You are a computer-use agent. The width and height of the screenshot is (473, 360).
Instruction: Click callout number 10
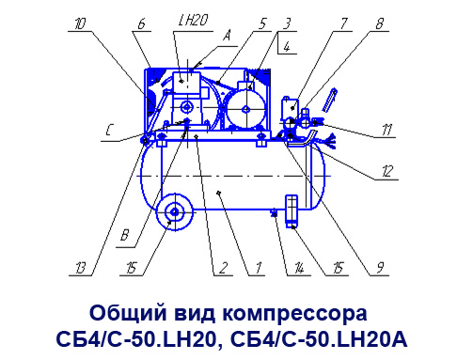pos(80,23)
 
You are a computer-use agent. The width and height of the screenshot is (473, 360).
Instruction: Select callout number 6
pos(142,23)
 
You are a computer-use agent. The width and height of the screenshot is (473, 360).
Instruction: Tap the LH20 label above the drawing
pos(193,21)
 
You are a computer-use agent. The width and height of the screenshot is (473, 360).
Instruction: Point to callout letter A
pos(227,36)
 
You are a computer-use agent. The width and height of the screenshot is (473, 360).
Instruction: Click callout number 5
pos(262,23)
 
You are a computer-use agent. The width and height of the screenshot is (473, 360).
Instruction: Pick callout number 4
pos(287,47)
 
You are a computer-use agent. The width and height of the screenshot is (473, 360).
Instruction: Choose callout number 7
pos(343,23)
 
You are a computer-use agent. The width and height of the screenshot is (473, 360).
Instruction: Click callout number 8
pos(380,23)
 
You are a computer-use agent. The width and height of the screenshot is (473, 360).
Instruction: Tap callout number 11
pos(387,130)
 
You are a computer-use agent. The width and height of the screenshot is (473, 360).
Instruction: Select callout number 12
pos(387,172)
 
